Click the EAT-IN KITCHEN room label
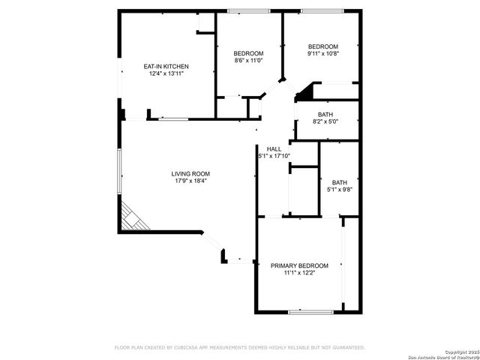(x=166, y=67)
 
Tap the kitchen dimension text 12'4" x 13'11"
(x=166, y=74)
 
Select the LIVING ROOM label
(x=190, y=174)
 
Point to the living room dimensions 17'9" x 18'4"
(x=190, y=181)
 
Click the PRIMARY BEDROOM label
(x=299, y=265)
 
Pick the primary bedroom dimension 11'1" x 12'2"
(x=299, y=273)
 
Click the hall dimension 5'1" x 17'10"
(x=274, y=156)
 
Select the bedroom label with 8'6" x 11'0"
(x=248, y=53)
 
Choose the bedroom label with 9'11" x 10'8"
(x=323, y=46)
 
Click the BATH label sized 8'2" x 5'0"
(x=325, y=114)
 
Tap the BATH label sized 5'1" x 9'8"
(x=340, y=182)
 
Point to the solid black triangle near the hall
(x=304, y=94)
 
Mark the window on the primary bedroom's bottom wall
(x=305, y=311)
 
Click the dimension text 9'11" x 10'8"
(x=323, y=53)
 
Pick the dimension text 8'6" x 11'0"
(x=248, y=60)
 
